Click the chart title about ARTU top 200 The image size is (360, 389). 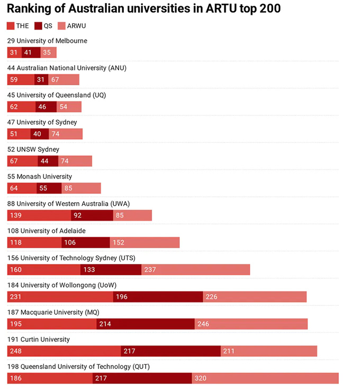pyautogui.click(x=143, y=9)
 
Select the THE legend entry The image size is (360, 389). pyautogui.click(x=18, y=26)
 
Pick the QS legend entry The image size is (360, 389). pyautogui.click(x=43, y=26)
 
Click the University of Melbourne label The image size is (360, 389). pyautogui.click(x=47, y=41)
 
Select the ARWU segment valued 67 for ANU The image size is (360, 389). pyautogui.click(x=64, y=79)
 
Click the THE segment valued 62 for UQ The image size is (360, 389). pyautogui.click(x=21, y=106)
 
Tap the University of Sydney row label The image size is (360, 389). pyautogui.click(x=42, y=122)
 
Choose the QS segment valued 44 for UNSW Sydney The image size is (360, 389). pyautogui.click(x=48, y=161)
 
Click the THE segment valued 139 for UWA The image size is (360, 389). pyautogui.click(x=39, y=215)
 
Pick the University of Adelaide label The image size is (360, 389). pyautogui.click(x=46, y=231)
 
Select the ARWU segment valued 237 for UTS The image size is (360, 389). pyautogui.click(x=195, y=269)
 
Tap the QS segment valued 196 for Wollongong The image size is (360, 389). pyautogui.click(x=158, y=296)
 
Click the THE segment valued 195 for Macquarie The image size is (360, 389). pyautogui.click(x=51, y=323)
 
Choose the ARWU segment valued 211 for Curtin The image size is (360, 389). pyautogui.click(x=268, y=351)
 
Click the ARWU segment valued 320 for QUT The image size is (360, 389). pyautogui.click(x=265, y=378)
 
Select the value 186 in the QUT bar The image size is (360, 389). pyautogui.click(x=16, y=378)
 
